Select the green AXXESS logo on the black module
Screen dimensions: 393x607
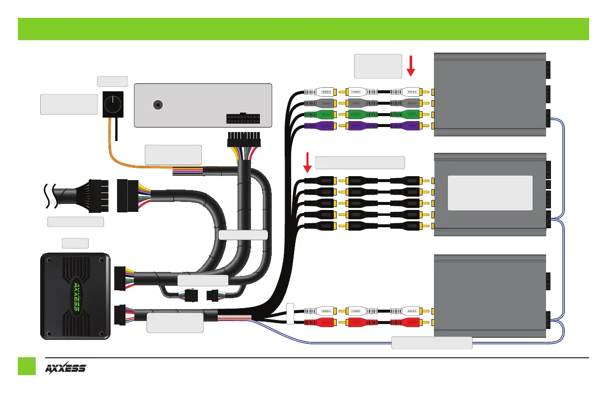[74, 297]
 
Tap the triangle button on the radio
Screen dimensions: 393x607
[157, 105]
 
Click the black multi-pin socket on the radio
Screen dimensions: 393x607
[243, 119]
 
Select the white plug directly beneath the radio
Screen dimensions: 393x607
[243, 140]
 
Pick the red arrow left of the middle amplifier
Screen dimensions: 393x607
[306, 164]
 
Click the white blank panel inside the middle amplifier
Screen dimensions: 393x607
[490, 193]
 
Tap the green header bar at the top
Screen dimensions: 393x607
[303, 29]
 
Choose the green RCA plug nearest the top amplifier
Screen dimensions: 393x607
[406, 115]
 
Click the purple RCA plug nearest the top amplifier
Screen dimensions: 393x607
[406, 126]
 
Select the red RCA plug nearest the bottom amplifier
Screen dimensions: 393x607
[406, 323]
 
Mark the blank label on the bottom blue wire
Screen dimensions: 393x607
[432, 342]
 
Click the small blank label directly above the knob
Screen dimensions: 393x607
[113, 81]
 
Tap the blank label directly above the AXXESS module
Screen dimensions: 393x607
[75, 243]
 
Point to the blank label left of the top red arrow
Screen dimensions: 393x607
[378, 66]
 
